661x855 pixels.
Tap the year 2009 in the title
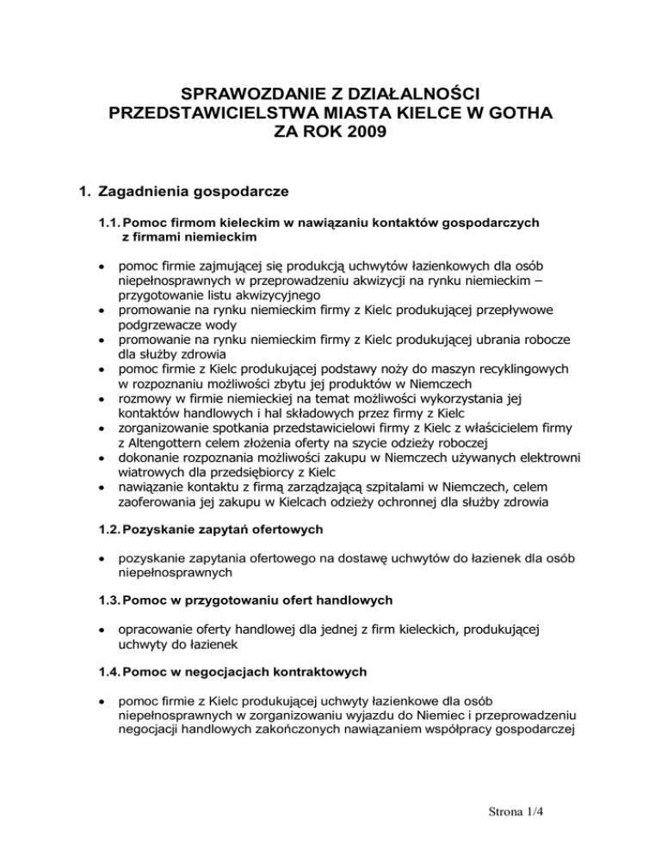coord(371,132)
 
